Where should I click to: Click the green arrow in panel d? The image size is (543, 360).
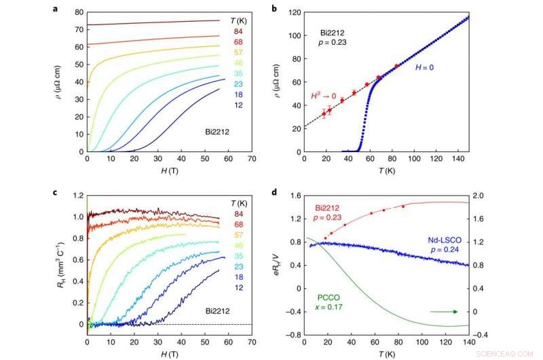442,312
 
